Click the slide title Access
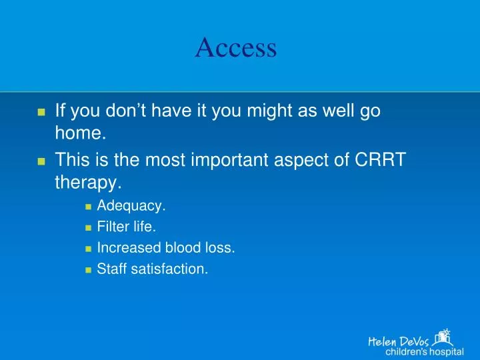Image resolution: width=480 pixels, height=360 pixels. pos(236,47)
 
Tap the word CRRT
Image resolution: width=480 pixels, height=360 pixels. pos(380,159)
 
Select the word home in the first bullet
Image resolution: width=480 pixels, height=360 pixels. pos(81,133)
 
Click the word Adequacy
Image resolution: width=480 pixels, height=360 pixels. pos(131,206)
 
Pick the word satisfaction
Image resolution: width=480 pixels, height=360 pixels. pos(169,269)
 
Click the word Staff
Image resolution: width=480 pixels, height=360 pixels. pos(112,269)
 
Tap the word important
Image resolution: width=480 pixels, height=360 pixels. pos(229,160)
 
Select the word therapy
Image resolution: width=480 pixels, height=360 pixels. pos(88,183)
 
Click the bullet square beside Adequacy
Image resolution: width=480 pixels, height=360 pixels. pos(89,207)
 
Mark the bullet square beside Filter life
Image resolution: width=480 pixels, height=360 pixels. pos(89,228)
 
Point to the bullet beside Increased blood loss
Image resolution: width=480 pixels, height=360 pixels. pos(89,249)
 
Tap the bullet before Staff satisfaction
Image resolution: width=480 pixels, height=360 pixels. pos(89,270)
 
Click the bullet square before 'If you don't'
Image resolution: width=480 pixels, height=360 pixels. pos(41,112)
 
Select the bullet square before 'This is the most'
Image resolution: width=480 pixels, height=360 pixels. pos(41,161)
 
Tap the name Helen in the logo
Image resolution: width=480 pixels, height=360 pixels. pos(383,341)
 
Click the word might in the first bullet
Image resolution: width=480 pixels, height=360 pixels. pos(269,111)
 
